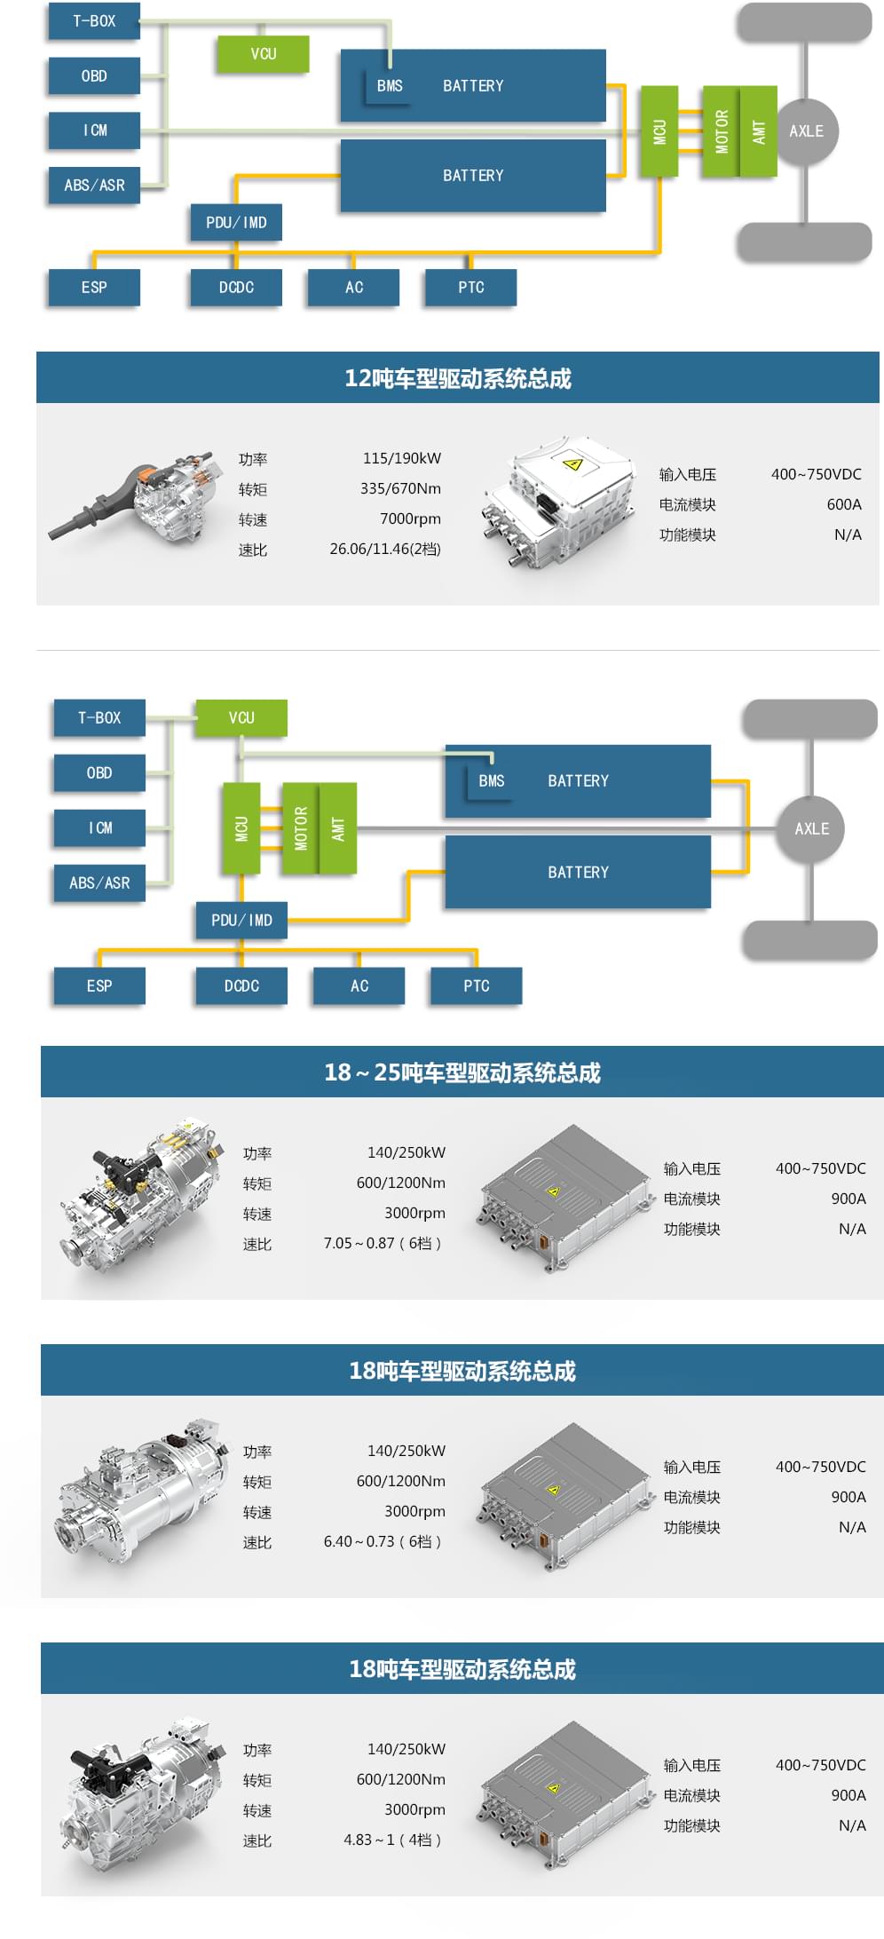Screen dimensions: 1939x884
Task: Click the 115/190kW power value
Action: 401,458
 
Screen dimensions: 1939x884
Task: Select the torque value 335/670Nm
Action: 400,488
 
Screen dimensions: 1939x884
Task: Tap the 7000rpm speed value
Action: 410,518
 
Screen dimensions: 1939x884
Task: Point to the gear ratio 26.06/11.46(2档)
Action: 385,549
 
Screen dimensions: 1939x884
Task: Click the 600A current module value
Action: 843,504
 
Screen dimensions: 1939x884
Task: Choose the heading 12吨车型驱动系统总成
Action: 457,378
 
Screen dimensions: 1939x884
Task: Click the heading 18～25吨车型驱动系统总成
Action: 462,1072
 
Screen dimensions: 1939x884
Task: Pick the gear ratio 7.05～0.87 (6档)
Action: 383,1243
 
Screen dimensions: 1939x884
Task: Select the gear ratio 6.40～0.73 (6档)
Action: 383,1541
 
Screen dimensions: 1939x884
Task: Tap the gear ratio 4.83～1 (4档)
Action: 393,1840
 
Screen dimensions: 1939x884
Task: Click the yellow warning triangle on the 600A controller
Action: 572,463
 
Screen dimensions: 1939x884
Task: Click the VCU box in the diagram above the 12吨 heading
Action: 263,54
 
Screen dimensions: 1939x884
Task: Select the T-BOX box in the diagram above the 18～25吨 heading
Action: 99,717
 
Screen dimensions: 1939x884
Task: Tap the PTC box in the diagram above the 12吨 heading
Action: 470,288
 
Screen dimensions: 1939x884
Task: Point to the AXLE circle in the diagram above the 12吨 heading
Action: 806,131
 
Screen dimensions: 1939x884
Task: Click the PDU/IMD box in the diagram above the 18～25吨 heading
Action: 241,920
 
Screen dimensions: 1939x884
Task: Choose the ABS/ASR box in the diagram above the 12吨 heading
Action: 94,186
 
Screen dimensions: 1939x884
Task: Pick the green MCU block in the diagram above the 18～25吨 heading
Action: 241,828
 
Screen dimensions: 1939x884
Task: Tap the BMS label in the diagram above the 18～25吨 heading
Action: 491,781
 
